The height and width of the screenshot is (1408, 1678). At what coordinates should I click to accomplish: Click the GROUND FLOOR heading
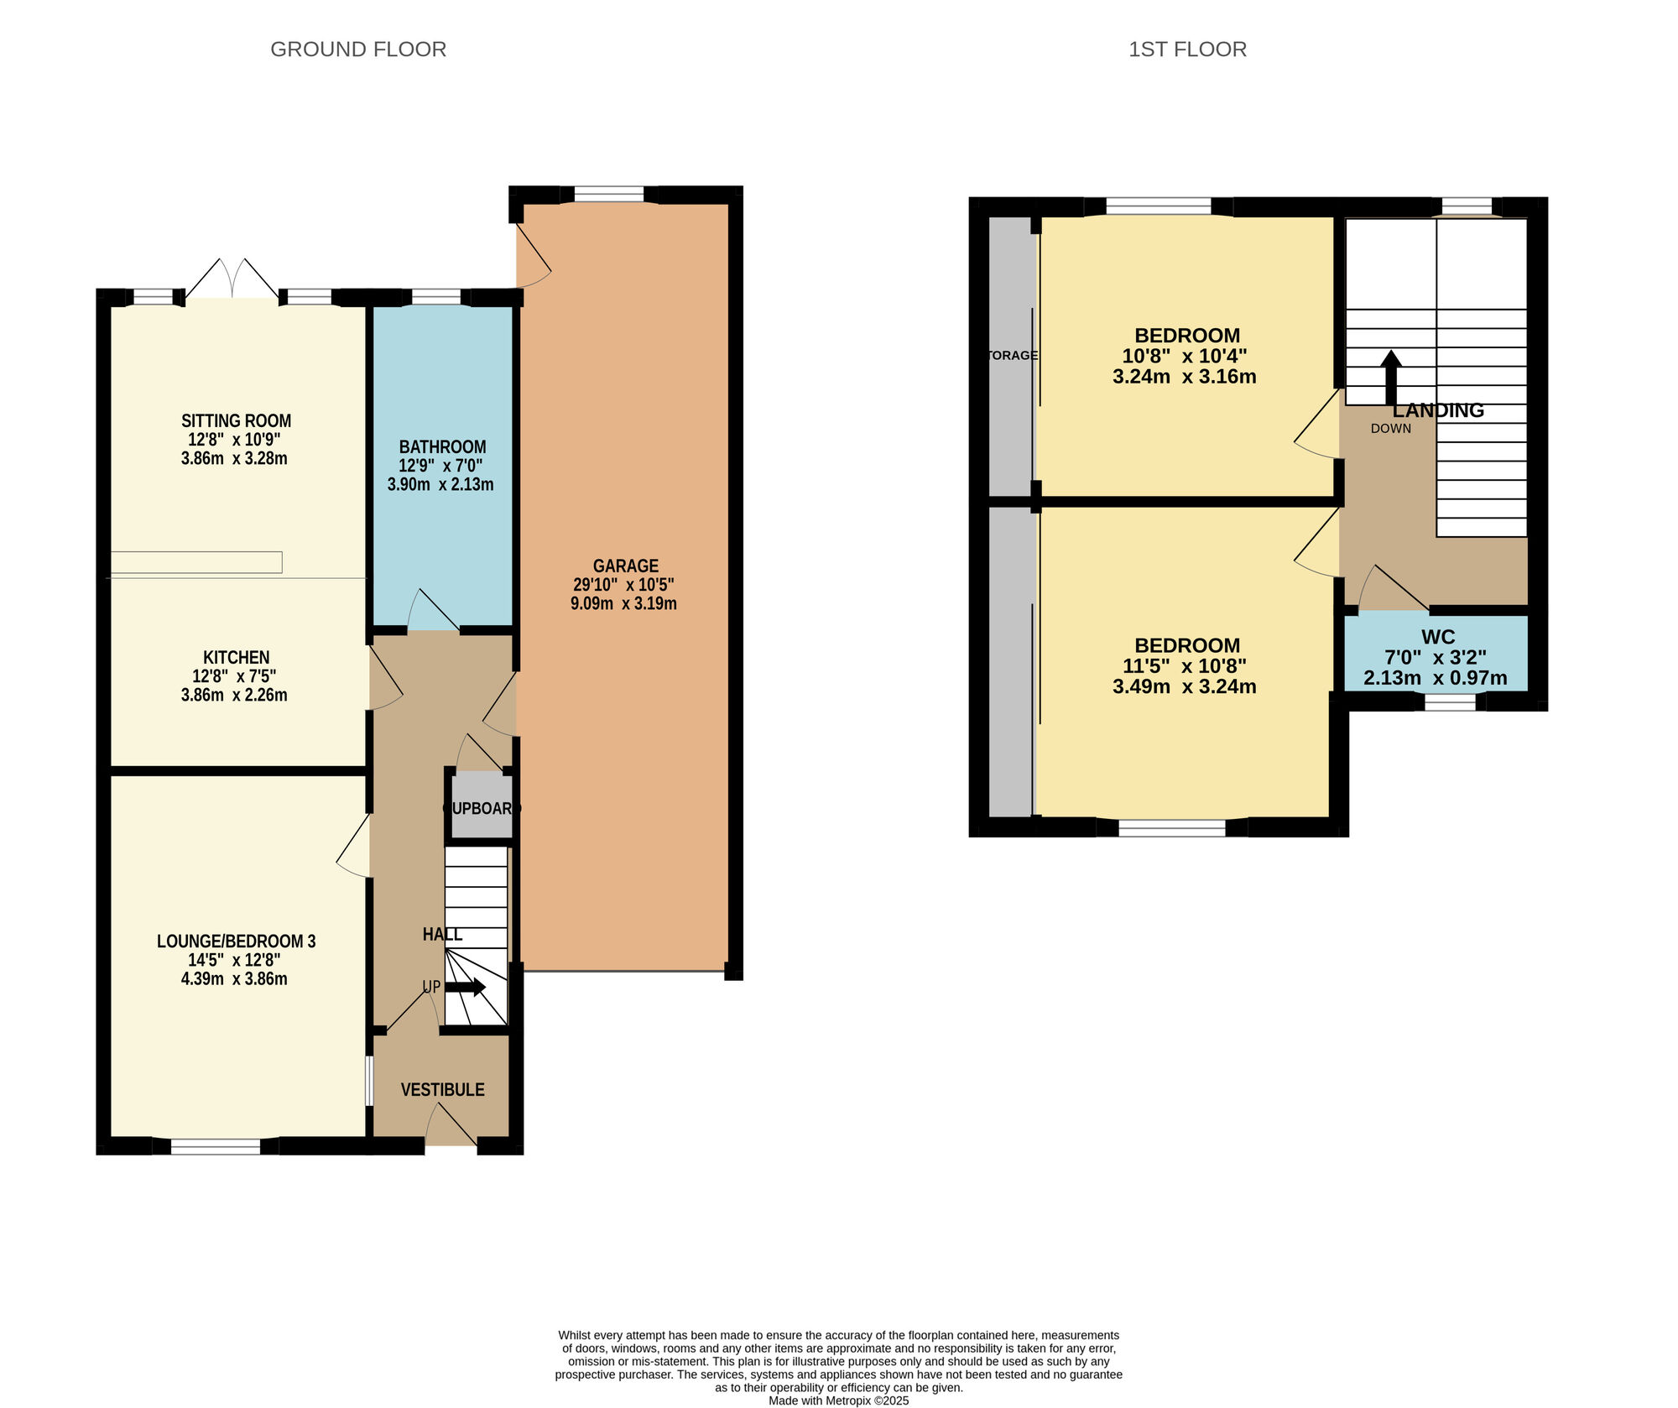click(358, 50)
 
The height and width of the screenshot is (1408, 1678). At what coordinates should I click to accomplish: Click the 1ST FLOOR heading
click(1187, 50)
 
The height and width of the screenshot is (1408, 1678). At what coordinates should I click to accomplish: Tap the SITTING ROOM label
click(236, 421)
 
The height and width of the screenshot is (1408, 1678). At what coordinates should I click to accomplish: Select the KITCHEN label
click(236, 658)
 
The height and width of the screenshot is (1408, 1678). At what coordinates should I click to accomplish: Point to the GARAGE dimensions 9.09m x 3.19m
click(623, 603)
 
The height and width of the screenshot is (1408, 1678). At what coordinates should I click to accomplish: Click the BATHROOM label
click(442, 447)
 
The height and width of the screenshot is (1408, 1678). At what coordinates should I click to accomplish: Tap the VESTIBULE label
click(442, 1090)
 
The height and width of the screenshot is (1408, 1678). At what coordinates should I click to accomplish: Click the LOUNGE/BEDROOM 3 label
click(236, 941)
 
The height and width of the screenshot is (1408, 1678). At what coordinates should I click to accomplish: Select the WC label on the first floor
click(1438, 637)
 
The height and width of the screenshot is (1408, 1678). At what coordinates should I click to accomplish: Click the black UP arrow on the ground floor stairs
click(466, 988)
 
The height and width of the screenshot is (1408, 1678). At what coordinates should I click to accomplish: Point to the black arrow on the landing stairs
click(1391, 375)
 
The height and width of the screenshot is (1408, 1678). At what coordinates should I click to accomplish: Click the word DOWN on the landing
click(1390, 429)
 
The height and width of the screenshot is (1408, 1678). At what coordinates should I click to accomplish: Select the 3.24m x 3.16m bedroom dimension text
click(1184, 377)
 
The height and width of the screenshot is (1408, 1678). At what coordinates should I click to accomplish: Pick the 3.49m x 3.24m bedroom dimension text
click(1184, 687)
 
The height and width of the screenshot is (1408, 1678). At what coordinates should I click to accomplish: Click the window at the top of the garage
click(609, 195)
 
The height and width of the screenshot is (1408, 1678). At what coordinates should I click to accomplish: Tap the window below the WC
click(1450, 702)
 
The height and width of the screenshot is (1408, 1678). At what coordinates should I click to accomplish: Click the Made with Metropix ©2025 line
click(838, 1400)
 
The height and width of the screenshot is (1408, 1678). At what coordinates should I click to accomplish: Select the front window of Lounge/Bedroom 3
click(216, 1146)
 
